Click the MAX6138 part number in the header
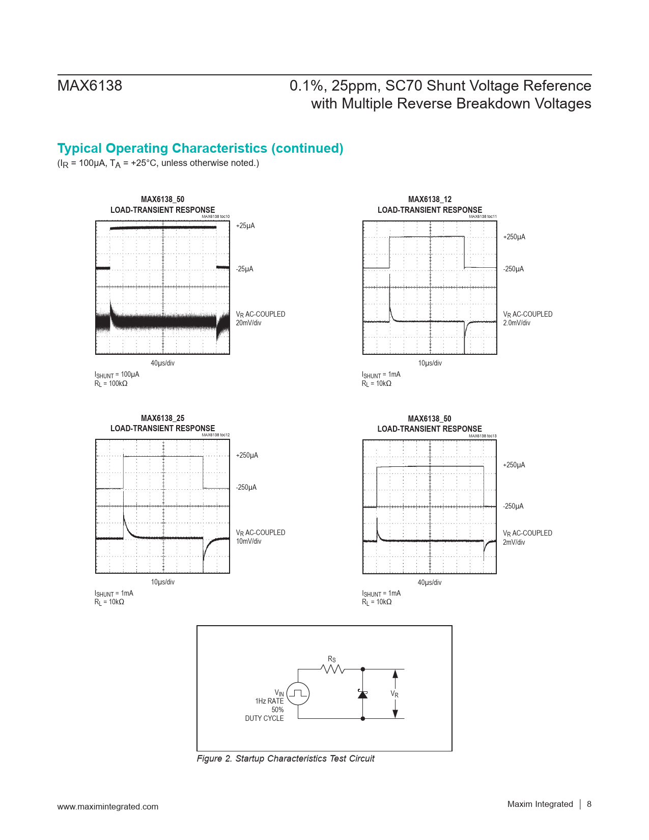pyautogui.click(x=90, y=86)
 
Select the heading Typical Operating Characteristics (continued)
pyautogui.click(x=200, y=148)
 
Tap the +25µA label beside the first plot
pyautogui.click(x=245, y=226)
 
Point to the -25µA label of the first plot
pyautogui.click(x=244, y=269)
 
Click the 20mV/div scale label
pyautogui.click(x=248, y=323)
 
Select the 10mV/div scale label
pyautogui.click(x=248, y=541)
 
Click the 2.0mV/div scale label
pyautogui.click(x=517, y=323)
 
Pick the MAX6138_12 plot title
pyautogui.click(x=430, y=200)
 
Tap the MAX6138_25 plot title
pyautogui.click(x=162, y=418)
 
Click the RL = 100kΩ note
pyautogui.click(x=111, y=383)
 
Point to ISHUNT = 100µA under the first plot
pyautogui.click(x=117, y=374)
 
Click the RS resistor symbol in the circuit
pyautogui.click(x=333, y=669)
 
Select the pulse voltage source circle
pyautogui.click(x=298, y=693)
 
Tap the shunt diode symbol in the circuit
pyautogui.click(x=362, y=693)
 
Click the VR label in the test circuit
pyautogui.click(x=394, y=694)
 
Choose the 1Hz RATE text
pyautogui.click(x=269, y=701)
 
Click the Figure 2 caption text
pyautogui.click(x=286, y=759)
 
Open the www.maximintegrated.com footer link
pyautogui.click(x=107, y=806)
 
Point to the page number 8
pyautogui.click(x=589, y=804)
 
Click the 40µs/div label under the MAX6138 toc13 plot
pyautogui.click(x=430, y=582)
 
